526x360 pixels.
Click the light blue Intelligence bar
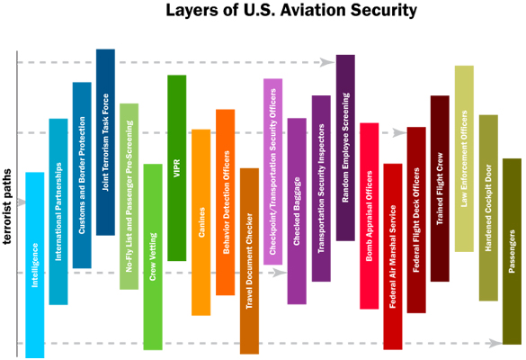(x=35, y=265)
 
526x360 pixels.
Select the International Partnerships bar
(x=58, y=211)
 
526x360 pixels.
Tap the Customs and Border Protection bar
(x=82, y=175)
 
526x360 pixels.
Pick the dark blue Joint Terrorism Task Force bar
(x=106, y=142)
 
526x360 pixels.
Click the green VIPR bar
(x=177, y=168)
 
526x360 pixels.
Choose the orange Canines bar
(x=201, y=222)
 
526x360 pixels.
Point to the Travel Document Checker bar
(x=249, y=261)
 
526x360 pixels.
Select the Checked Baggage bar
(x=297, y=211)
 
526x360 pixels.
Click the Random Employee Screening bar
(x=345, y=148)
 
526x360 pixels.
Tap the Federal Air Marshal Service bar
(x=393, y=256)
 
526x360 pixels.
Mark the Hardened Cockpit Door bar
(x=488, y=208)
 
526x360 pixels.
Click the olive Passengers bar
(x=512, y=251)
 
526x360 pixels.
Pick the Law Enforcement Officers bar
(x=464, y=158)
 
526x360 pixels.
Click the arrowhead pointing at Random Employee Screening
(x=327, y=62)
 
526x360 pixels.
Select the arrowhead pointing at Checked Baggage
(x=280, y=273)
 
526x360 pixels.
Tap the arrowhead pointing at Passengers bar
(x=495, y=343)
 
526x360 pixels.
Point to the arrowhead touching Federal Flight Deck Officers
(x=399, y=132)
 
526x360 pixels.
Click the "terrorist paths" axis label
(x=6, y=206)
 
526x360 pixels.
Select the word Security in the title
(x=384, y=11)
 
